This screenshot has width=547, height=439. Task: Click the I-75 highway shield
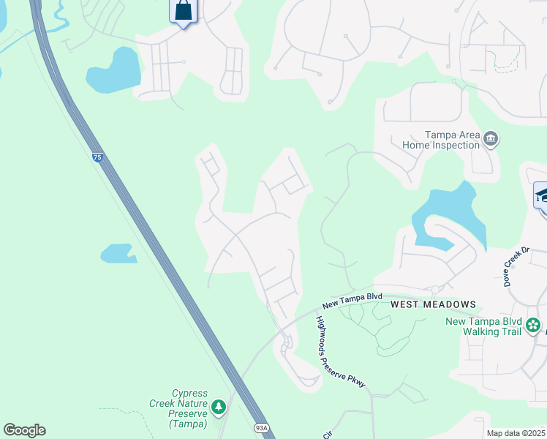coord(98,157)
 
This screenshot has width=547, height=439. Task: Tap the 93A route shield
coord(262,428)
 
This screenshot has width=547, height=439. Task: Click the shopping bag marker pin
coord(183,12)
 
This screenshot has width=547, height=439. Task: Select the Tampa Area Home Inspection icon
coord(491,139)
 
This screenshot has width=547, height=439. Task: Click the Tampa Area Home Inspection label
coord(442,140)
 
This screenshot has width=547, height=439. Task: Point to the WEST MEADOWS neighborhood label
coord(433,304)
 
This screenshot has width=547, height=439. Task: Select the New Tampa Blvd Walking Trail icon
coord(533,324)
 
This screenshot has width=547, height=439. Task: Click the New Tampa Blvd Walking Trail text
coord(484,326)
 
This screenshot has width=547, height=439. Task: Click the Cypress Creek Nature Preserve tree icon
coord(218,406)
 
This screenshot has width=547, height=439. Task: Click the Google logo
coord(24,430)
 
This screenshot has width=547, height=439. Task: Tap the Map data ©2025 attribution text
coord(516,433)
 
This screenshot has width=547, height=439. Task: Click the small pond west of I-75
coord(118,253)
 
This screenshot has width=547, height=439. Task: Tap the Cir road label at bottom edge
coord(325,433)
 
